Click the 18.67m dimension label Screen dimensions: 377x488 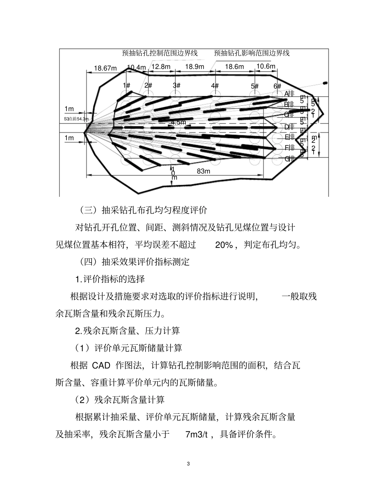[105, 68]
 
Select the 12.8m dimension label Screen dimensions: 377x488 [161, 67]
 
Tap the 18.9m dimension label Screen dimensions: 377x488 [195, 67]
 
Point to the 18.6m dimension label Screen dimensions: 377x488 [235, 67]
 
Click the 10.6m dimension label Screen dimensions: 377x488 [266, 66]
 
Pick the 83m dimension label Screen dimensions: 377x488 [204, 171]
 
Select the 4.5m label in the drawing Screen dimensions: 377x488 [178, 122]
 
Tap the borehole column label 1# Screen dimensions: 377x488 [127, 85]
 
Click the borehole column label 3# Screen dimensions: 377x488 [177, 85]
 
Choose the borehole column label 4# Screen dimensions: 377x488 [215, 85]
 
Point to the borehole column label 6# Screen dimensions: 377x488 [277, 86]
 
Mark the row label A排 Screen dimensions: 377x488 [289, 94]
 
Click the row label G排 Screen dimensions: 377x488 [289, 159]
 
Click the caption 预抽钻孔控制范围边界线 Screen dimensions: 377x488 [160, 53]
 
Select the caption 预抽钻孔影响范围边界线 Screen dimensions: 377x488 [252, 53]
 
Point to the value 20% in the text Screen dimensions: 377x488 [224, 245]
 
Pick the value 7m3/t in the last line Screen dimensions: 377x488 [196, 434]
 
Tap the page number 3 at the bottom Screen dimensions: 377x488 [188, 464]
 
